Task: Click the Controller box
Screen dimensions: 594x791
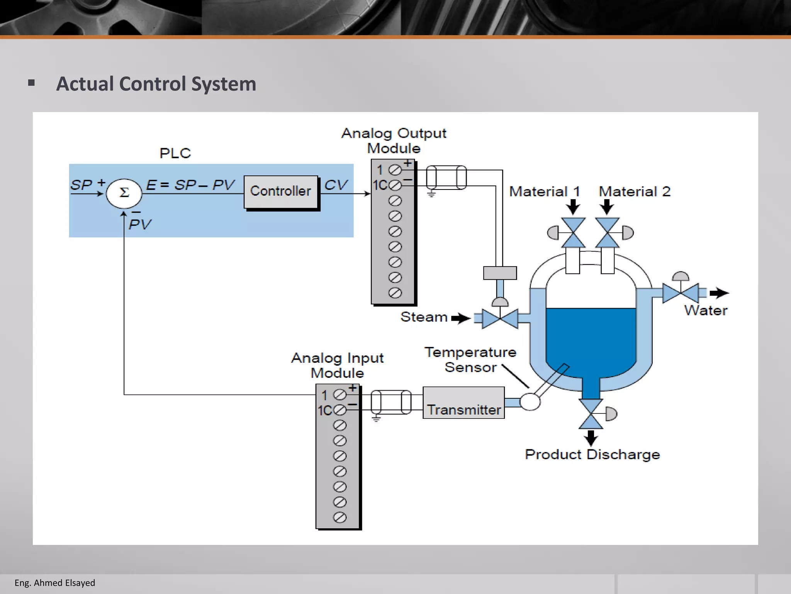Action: click(281, 192)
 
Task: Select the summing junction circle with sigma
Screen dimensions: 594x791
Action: click(124, 193)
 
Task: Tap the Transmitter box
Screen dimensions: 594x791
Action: click(463, 403)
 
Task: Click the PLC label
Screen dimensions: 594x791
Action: click(175, 153)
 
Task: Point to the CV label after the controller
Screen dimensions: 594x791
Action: click(336, 185)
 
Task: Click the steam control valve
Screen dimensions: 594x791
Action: click(500, 319)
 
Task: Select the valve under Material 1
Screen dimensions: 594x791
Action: click(573, 233)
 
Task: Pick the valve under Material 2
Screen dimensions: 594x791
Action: click(608, 233)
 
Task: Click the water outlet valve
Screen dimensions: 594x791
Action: click(681, 293)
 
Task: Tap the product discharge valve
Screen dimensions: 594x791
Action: click(591, 414)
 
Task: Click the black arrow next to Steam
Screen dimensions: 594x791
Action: click(460, 318)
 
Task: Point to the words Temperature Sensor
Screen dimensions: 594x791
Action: click(470, 360)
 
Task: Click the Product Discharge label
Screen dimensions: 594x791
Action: click(592, 454)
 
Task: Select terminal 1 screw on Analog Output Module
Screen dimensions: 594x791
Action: click(395, 170)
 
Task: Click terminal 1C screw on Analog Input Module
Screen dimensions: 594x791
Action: click(339, 410)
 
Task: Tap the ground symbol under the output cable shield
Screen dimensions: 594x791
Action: click(431, 193)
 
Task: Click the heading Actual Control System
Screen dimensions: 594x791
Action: click(156, 84)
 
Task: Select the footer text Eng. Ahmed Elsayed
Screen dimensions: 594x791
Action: click(55, 583)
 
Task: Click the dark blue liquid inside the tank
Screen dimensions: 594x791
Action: click(591, 340)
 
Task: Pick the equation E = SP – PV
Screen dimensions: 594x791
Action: click(190, 185)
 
